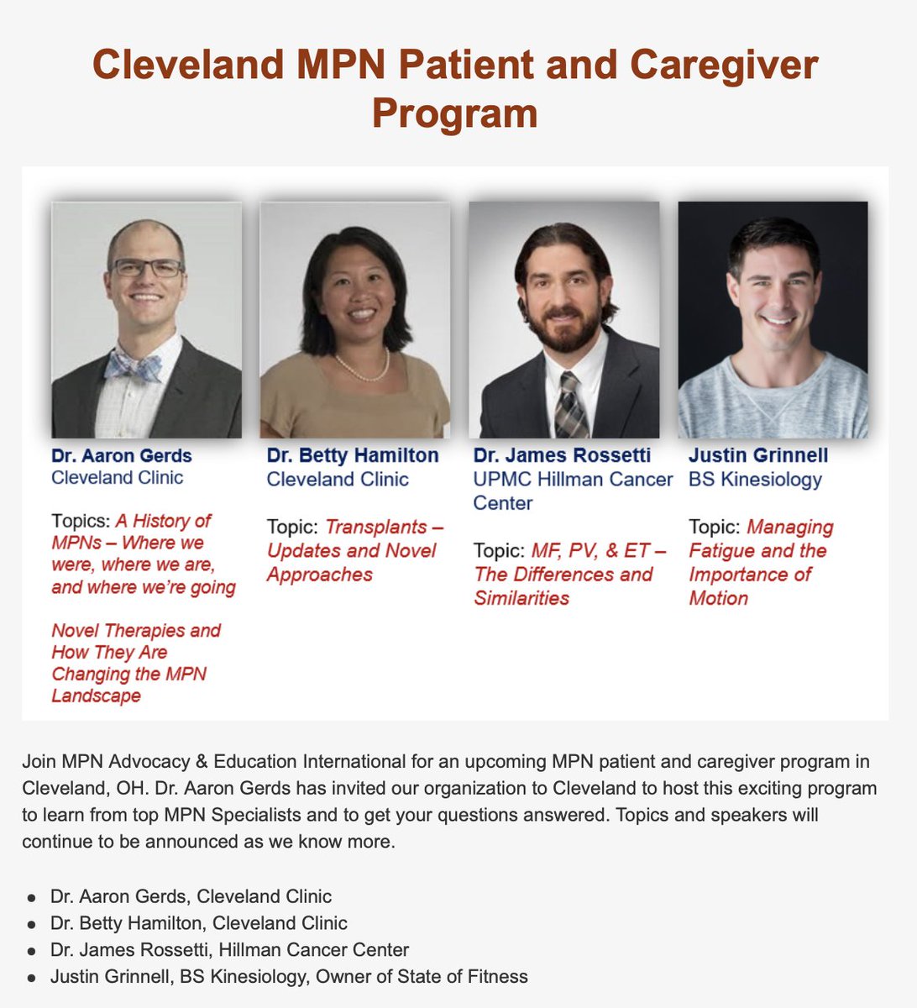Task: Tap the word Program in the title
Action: (x=454, y=113)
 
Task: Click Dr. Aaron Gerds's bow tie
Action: (x=134, y=365)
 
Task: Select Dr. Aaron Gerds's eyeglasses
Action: (x=147, y=268)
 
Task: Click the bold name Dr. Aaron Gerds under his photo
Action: (x=122, y=456)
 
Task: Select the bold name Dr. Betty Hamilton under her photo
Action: (x=353, y=456)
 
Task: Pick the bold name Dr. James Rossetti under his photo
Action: (x=562, y=456)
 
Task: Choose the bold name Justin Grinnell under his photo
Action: (x=758, y=456)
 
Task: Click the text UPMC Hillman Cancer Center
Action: (x=573, y=491)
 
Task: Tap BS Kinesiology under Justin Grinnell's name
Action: (x=755, y=480)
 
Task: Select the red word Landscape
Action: (x=96, y=696)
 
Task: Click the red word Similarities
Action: (x=521, y=598)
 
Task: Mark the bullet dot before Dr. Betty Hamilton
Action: (x=32, y=924)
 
